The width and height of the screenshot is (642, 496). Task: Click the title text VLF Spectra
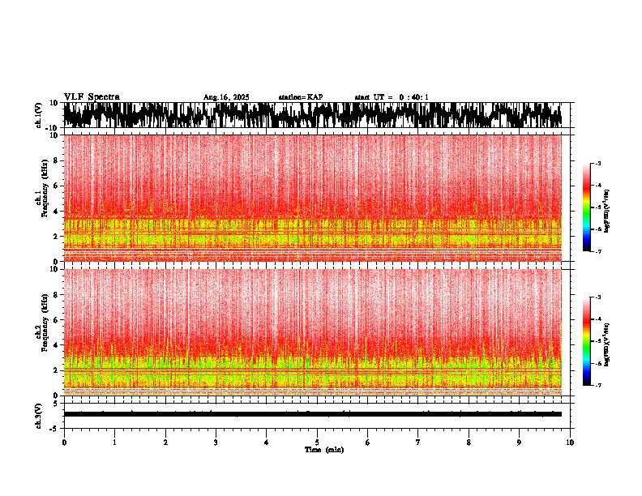[x=92, y=96]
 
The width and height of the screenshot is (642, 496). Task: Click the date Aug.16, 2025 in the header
[x=226, y=97]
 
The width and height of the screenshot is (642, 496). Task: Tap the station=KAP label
[x=301, y=97]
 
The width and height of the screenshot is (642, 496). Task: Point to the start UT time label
[x=392, y=97]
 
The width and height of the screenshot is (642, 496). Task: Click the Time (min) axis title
[x=323, y=450]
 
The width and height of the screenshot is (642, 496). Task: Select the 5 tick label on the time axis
[x=317, y=443]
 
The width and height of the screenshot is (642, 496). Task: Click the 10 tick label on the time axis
[x=570, y=443]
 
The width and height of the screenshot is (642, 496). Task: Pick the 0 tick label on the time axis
[x=64, y=443]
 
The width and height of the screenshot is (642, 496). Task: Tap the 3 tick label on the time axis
[x=216, y=443]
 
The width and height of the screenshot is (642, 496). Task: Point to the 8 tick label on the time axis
[x=469, y=443]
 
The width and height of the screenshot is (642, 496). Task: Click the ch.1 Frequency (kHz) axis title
[x=41, y=198]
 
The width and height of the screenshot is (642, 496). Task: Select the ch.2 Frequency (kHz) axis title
[x=41, y=331]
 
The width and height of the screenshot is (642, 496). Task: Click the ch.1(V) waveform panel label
[x=40, y=116]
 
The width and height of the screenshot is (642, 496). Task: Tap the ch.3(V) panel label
[x=40, y=414]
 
